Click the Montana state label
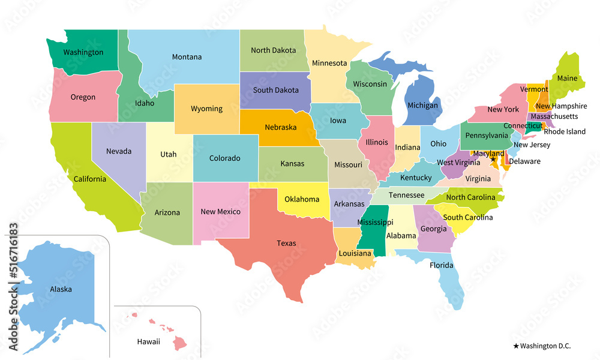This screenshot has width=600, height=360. (187, 57)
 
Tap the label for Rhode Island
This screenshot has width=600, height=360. (565, 131)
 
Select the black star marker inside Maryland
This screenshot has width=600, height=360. (493, 159)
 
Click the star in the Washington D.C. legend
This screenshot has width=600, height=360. (516, 346)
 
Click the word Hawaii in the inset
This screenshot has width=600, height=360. (148, 341)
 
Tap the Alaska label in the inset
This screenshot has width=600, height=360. (61, 289)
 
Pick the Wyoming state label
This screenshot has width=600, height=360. (206, 109)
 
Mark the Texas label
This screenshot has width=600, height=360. (286, 243)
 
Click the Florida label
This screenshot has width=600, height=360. (441, 264)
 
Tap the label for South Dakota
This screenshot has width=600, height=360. (275, 90)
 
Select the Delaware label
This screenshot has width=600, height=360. (524, 161)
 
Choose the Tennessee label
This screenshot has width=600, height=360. (406, 195)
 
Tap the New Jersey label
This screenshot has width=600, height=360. (532, 145)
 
